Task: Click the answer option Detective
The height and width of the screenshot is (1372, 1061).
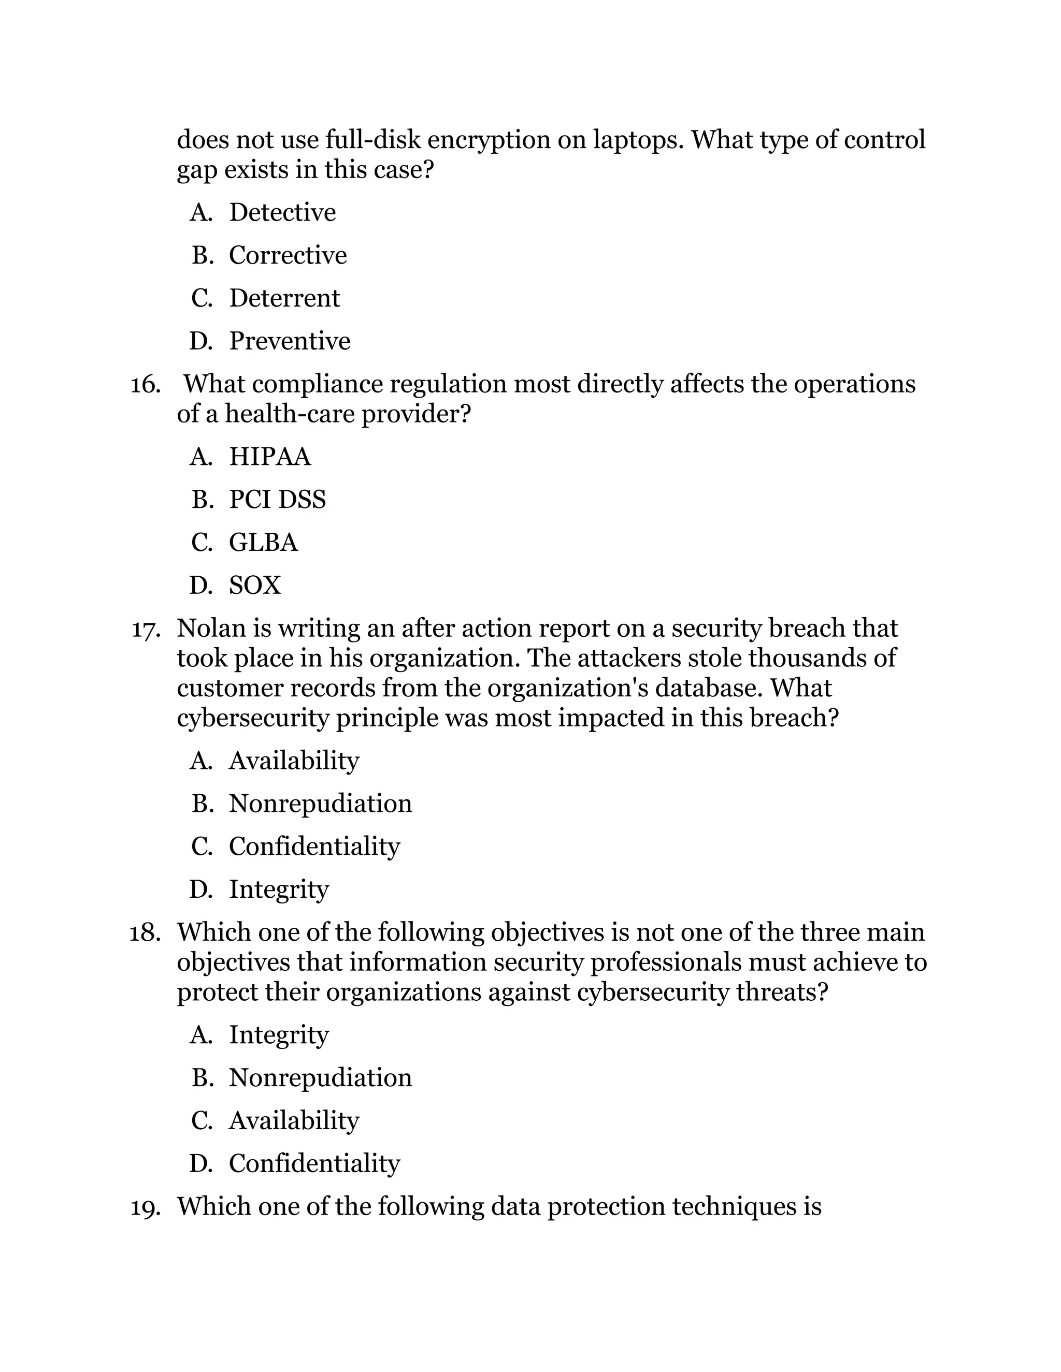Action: coord(282,212)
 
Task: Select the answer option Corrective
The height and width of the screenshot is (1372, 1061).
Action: coord(287,255)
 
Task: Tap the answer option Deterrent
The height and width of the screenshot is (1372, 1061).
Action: coord(284,298)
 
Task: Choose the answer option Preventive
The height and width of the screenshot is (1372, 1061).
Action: coord(289,341)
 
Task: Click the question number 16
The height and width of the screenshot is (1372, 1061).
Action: coord(145,385)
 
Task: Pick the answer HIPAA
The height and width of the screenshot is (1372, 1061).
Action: coord(269,457)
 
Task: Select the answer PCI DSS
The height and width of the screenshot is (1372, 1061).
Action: coord(277,500)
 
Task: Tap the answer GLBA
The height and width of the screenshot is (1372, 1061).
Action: coord(263,542)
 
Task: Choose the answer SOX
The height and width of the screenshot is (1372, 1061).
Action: coord(254,586)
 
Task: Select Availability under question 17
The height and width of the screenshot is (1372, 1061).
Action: coord(294,761)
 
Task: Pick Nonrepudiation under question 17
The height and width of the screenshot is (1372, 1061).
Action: coord(320,804)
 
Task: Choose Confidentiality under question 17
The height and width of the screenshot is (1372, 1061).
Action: coord(314,846)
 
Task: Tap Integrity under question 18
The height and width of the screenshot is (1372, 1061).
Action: coord(278,1034)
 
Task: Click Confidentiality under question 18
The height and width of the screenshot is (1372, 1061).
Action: coord(314,1163)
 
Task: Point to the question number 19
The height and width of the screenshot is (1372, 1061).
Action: coord(145,1207)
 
